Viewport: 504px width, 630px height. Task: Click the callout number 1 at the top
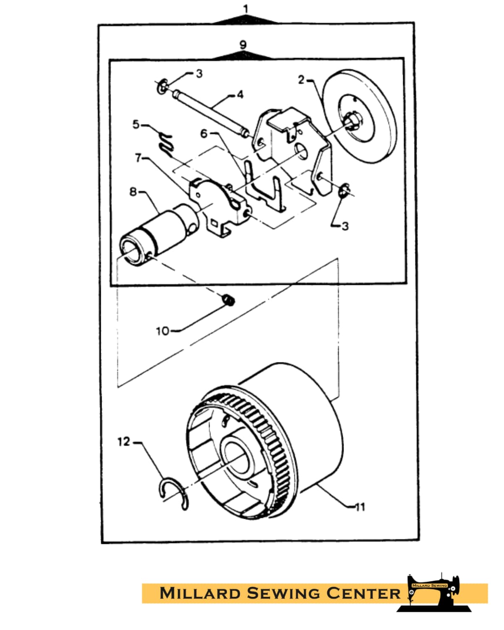pos(246,9)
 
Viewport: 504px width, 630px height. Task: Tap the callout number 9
pos(243,45)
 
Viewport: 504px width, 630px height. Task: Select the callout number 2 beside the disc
pos(301,80)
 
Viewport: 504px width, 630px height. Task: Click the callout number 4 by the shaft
pos(240,94)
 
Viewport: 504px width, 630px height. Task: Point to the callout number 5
pos(136,124)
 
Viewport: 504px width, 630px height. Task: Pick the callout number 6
pos(204,134)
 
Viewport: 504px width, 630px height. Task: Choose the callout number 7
pos(138,158)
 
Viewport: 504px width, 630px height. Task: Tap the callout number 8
pos(133,192)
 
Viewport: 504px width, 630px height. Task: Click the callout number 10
pos(163,331)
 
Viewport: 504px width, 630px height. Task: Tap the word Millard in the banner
pos(200,593)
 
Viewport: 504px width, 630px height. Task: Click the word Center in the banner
pos(363,593)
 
